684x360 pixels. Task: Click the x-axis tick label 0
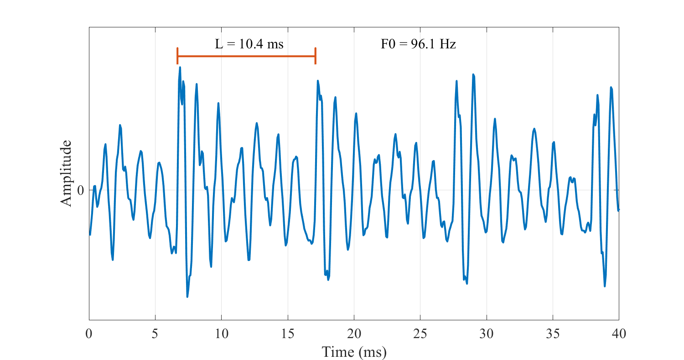[x=89, y=334]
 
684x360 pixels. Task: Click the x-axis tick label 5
[x=155, y=334]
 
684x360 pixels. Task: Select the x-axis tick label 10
[x=221, y=334]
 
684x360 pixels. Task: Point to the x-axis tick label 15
[x=288, y=334]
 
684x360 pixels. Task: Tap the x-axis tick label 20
[x=354, y=334]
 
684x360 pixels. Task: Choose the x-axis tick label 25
[x=420, y=334]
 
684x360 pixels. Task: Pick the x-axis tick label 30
[x=487, y=334]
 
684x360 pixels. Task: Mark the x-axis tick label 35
[x=553, y=334]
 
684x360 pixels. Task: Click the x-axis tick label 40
[x=619, y=334]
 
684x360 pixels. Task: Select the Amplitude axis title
[x=66, y=173]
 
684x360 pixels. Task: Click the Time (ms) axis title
[x=354, y=352]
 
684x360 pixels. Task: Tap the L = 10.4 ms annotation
[x=249, y=44]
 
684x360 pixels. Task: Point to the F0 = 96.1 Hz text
[x=418, y=44]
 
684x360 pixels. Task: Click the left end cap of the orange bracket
[x=177, y=56]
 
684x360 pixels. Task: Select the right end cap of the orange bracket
[x=315, y=56]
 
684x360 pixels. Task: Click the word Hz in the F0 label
[x=447, y=44]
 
